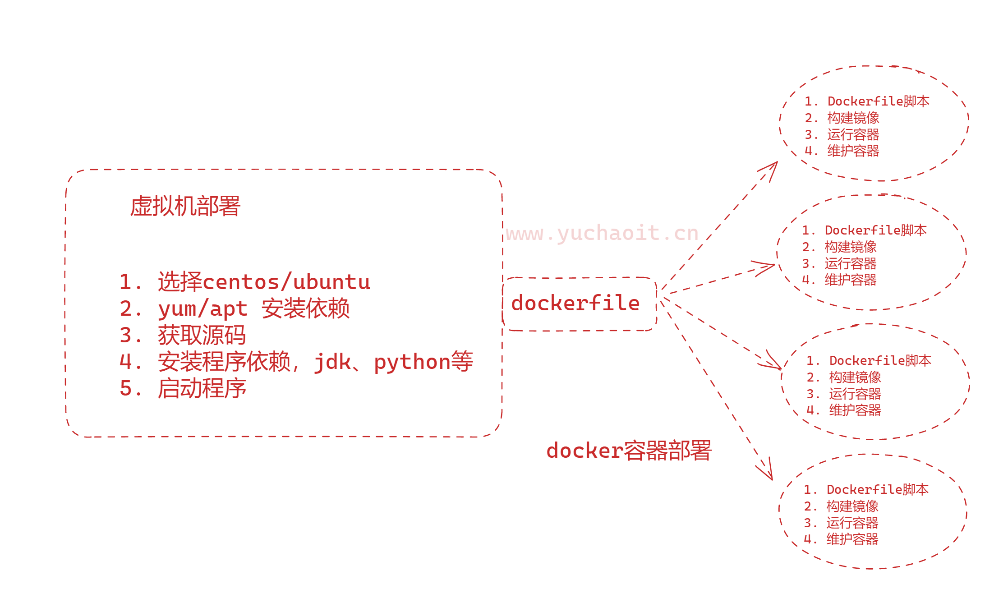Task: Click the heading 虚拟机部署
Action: [185, 206]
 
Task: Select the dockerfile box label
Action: [575, 303]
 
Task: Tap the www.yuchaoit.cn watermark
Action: [602, 233]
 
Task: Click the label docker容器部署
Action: [629, 451]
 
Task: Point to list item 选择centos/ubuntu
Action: [264, 282]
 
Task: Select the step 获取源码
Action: [202, 336]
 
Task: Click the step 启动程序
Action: [202, 388]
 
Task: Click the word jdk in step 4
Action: [332, 362]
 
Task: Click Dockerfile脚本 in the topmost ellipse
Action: [878, 101]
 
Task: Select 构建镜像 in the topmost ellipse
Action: [853, 118]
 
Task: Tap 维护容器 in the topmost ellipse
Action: [853, 151]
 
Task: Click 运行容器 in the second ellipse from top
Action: [850, 263]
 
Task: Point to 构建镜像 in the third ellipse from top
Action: [855, 377]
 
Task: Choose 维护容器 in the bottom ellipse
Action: [852, 539]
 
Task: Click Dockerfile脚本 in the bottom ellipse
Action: [877, 489]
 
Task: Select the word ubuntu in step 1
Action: [331, 282]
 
